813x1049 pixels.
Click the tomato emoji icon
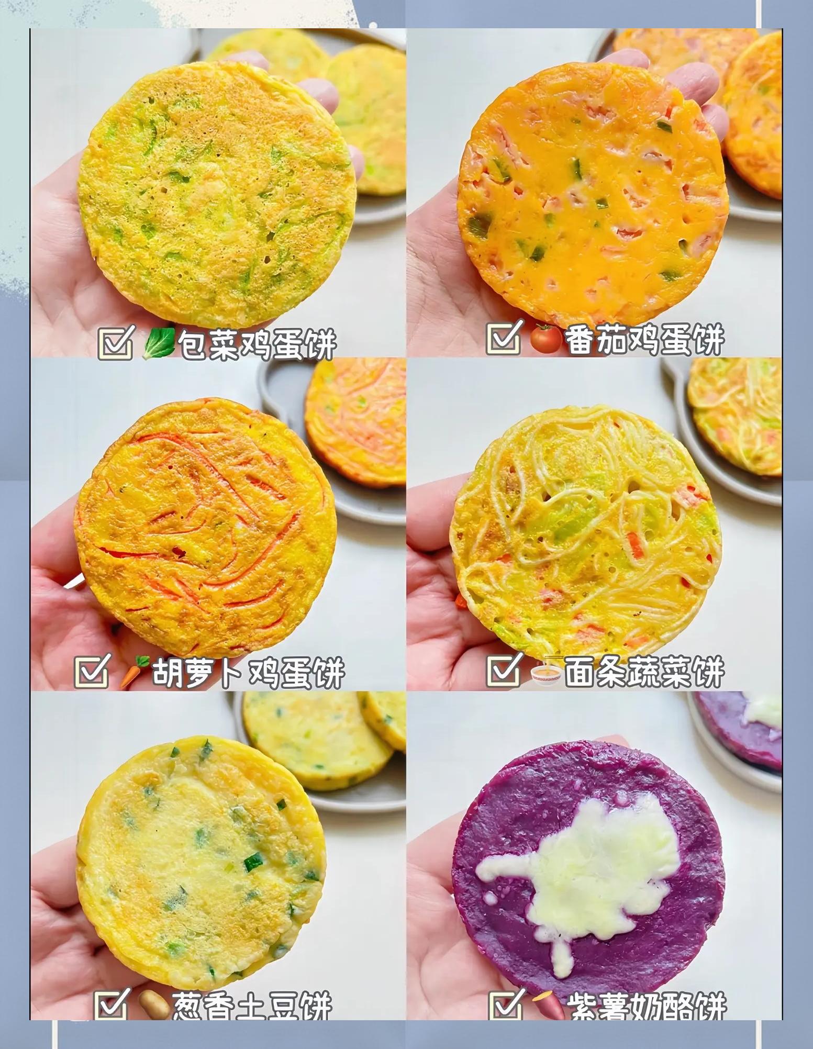click(x=547, y=339)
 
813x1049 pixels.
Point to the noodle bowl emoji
click(x=545, y=672)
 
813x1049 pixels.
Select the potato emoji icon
click(x=154, y=1005)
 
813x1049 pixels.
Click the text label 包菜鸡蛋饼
click(x=257, y=344)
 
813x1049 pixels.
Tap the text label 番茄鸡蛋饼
click(x=645, y=339)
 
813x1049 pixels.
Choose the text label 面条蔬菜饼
click(x=644, y=671)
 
